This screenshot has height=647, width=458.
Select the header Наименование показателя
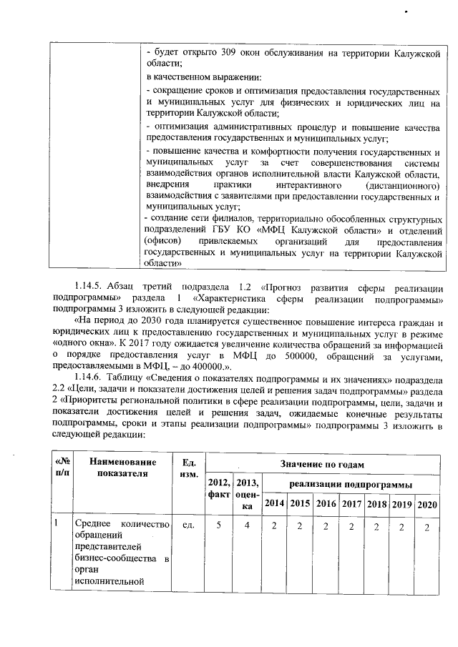pyautogui.click(x=122, y=467)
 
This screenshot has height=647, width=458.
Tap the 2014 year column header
pyautogui.click(x=273, y=503)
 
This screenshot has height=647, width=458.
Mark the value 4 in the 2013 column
pyautogui.click(x=247, y=527)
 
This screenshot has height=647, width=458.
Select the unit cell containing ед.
pyautogui.click(x=190, y=527)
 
